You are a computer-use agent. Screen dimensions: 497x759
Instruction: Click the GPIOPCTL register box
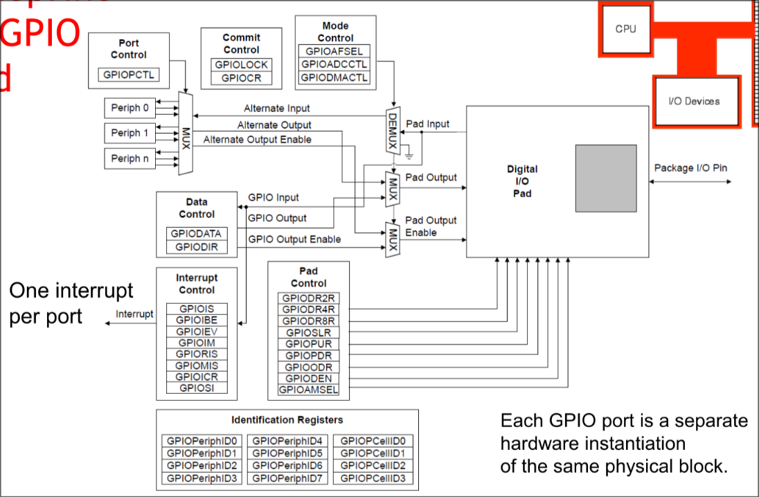tap(129, 74)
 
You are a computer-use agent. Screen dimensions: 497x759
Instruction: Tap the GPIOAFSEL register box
tap(334, 51)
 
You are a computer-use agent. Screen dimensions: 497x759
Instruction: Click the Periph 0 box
tap(130, 108)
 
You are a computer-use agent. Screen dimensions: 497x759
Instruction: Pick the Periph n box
tap(130, 159)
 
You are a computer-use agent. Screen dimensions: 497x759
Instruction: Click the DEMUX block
tap(393, 129)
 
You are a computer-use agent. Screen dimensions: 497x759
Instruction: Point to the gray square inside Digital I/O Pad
tap(606, 178)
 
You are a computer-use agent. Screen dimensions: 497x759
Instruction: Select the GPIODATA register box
tap(196, 233)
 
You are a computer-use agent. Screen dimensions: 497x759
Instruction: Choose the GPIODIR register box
tap(196, 246)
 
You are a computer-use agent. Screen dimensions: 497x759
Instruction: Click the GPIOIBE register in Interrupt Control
tap(197, 320)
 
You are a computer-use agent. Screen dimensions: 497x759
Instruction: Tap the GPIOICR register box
tap(197, 377)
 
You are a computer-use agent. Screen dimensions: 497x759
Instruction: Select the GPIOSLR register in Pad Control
tap(308, 332)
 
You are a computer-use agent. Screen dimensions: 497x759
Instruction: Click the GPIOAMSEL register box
tap(308, 390)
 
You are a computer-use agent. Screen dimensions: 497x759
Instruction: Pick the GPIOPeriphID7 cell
tap(287, 478)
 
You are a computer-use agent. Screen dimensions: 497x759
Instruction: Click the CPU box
tap(625, 30)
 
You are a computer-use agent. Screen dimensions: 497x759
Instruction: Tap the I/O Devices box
tap(694, 101)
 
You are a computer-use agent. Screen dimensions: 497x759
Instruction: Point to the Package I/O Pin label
tap(690, 168)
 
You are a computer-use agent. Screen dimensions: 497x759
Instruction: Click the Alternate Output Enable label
tap(257, 139)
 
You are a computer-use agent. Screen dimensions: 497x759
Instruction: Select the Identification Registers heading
tap(287, 419)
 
